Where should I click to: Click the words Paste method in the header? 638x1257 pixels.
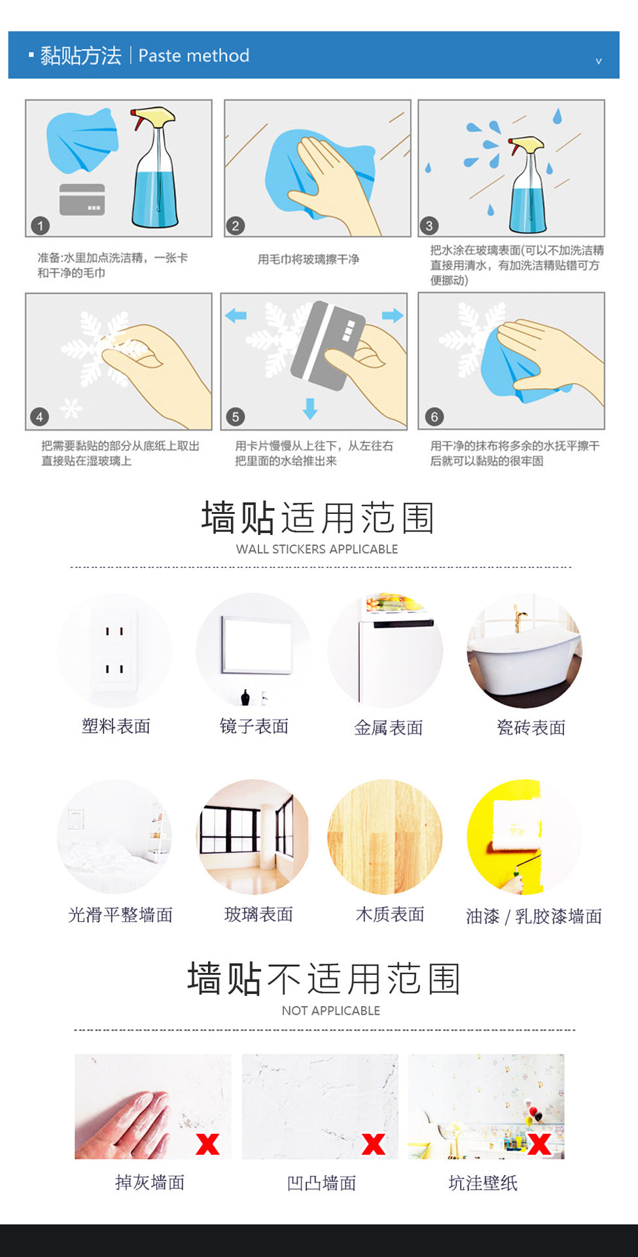point(194,56)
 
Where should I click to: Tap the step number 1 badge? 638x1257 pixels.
point(40,226)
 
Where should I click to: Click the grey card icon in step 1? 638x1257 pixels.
point(82,200)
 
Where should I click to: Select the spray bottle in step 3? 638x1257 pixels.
point(527,185)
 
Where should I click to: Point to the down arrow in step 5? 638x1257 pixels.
point(310,408)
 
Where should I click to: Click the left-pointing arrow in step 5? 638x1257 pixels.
point(236,316)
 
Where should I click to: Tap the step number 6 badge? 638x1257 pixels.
point(434,416)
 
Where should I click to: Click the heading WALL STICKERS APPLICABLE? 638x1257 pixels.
point(317,549)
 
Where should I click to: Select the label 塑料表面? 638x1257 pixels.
point(116,726)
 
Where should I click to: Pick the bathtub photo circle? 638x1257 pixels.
point(524,651)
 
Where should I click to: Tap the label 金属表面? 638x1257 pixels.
point(389,727)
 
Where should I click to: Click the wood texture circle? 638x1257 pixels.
point(385,837)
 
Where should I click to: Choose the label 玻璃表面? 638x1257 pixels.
point(258,915)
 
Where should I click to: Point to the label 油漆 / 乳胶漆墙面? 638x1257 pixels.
point(534,917)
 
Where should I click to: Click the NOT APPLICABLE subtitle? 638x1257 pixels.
point(331,1011)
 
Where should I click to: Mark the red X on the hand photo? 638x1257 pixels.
point(207,1144)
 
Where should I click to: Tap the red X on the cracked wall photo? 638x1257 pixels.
point(374,1144)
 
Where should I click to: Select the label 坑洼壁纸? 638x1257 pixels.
point(483,1183)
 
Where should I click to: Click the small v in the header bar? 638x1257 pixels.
point(598,61)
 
